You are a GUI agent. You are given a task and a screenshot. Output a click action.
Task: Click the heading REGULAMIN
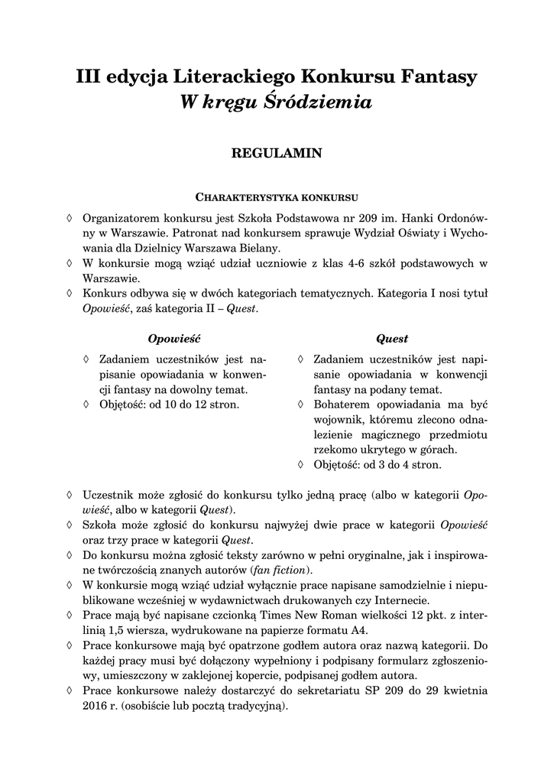pyautogui.click(x=277, y=154)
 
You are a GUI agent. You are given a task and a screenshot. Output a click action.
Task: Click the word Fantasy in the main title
pyautogui.click(x=439, y=77)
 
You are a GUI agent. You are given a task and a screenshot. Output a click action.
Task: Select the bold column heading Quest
pyautogui.click(x=392, y=338)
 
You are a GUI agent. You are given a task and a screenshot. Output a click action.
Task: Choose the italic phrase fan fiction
pyautogui.click(x=280, y=570)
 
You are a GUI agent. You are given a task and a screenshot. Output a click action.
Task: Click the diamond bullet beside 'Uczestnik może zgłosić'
pyautogui.click(x=70, y=495)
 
